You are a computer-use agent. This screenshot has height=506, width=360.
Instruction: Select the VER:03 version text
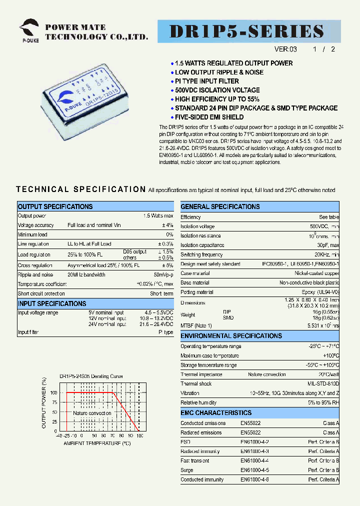(285, 49)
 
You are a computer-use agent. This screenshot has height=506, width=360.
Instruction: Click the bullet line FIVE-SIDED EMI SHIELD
(209, 117)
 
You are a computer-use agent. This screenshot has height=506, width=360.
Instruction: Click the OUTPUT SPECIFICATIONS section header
(55, 206)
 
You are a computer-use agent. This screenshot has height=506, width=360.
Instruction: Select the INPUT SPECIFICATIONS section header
(52, 303)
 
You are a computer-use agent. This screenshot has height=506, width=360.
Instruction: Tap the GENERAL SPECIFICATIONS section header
(220, 206)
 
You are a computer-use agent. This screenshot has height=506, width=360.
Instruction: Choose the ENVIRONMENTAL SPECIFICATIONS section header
(231, 336)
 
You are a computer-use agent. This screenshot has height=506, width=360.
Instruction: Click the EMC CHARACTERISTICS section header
(216, 413)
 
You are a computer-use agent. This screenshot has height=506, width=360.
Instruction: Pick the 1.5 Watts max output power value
(158, 216)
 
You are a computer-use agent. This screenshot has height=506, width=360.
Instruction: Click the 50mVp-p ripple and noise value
(163, 274)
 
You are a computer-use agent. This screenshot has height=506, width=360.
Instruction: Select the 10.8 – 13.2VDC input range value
(156, 318)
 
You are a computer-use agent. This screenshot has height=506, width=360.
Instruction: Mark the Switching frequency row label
(201, 255)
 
